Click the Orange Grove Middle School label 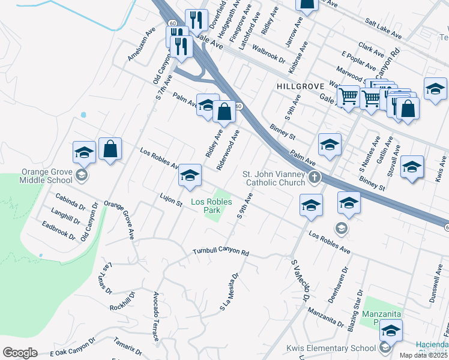[x=45, y=175]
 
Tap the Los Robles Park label [x=211, y=206]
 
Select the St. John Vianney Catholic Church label [x=274, y=178]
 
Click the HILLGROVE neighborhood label [x=300, y=86]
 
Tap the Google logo [x=20, y=353]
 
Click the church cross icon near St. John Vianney [x=314, y=178]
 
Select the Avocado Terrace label [x=156, y=317]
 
